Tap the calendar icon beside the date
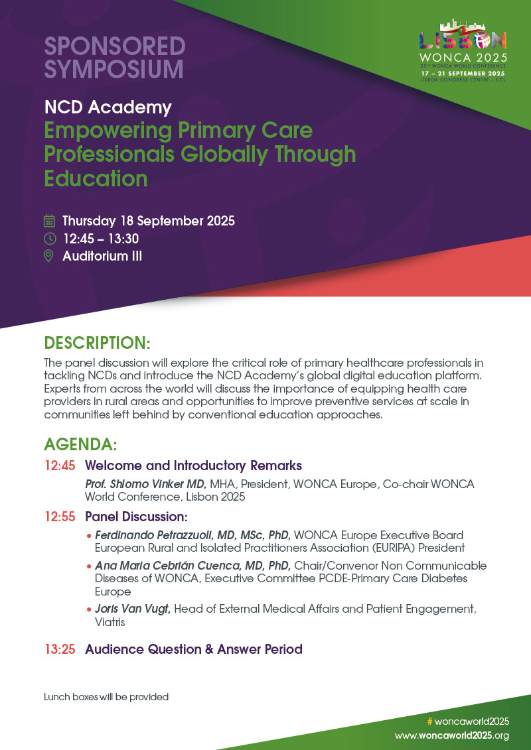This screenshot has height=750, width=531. (x=49, y=221)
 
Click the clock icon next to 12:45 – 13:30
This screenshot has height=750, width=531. (x=49, y=239)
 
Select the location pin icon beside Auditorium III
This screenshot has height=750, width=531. (x=49, y=256)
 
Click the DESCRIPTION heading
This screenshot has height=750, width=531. (x=97, y=343)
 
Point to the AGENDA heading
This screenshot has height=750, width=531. (x=80, y=444)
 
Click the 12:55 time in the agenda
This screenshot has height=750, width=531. (x=60, y=516)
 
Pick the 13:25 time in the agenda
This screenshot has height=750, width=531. (x=60, y=649)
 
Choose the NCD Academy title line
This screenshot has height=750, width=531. (x=108, y=107)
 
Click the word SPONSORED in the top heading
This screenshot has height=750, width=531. (x=114, y=46)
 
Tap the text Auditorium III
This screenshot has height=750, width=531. (x=102, y=256)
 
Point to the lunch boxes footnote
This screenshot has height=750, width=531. (x=106, y=697)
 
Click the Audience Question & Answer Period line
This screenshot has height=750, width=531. (x=193, y=649)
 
